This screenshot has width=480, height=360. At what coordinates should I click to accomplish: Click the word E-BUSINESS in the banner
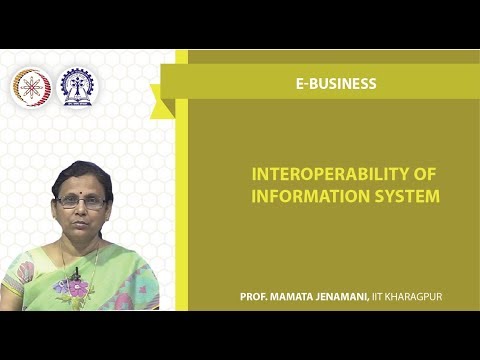[x=336, y=84]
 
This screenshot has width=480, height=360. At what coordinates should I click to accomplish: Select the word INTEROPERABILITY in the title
[x=321, y=174]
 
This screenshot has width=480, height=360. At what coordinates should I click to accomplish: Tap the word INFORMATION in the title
[x=299, y=196]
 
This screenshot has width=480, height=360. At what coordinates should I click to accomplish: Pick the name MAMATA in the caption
[x=297, y=298]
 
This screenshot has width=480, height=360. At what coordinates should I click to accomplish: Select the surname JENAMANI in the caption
[x=346, y=298]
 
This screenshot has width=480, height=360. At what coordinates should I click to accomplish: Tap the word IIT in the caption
[x=380, y=298]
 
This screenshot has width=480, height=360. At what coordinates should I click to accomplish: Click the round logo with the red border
[x=31, y=88]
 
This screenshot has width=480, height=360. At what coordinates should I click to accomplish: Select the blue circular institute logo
[x=79, y=88]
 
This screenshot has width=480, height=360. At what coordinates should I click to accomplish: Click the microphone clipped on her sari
[x=76, y=271]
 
